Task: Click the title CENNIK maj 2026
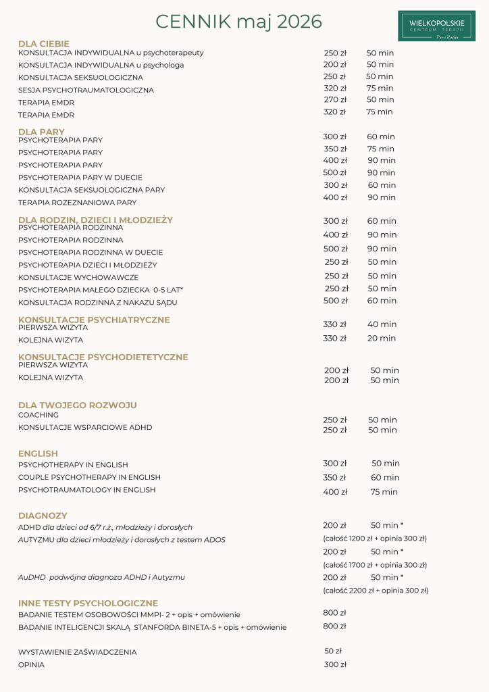coord(238,22)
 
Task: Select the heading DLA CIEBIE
coord(44,44)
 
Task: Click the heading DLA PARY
coord(42,132)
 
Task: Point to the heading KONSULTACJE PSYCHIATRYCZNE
coord(94,320)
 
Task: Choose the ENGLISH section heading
coord(38,453)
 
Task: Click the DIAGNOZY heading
coord(43,516)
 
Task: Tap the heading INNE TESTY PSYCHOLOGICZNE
coord(88,603)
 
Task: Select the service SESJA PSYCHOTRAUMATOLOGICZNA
coord(86,90)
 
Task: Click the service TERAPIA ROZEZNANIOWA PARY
coord(77,202)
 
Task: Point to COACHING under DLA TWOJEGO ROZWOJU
coord(38,415)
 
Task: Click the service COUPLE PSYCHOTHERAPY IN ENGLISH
coord(89,477)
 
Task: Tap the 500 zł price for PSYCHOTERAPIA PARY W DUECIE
coord(335,173)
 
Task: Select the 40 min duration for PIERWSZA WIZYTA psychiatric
coord(382,324)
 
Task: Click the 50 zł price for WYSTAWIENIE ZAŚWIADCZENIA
coord(333,651)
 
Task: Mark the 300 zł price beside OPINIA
coord(335,664)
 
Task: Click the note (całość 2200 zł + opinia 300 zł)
coord(376,590)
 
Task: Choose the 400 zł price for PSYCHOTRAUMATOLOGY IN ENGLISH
coord(335,492)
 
